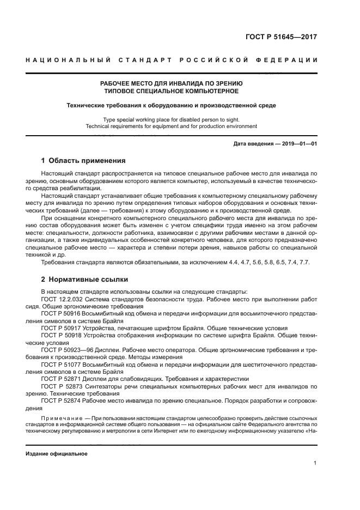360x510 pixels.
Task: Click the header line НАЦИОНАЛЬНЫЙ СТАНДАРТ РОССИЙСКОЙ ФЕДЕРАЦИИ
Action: point(172,59)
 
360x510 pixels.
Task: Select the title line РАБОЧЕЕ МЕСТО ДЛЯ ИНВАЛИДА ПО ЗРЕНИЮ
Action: point(172,83)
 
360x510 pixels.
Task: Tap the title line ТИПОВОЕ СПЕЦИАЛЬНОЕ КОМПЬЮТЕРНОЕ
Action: point(172,92)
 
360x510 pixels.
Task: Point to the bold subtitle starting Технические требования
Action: point(172,105)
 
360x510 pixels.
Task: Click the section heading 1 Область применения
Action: point(83,161)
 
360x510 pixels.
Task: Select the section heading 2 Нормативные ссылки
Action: point(84,280)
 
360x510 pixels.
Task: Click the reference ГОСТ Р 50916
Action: point(60,313)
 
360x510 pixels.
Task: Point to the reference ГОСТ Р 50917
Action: point(60,328)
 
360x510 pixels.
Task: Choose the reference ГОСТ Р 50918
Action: point(60,336)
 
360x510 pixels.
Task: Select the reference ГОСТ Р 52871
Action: point(60,379)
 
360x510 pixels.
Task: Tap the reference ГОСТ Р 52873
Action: point(60,386)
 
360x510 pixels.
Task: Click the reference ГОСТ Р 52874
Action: point(60,400)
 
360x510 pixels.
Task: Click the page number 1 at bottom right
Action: point(315,463)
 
